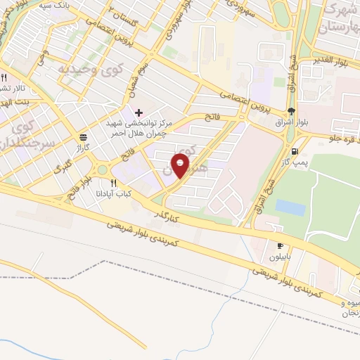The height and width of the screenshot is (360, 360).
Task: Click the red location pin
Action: [181, 165]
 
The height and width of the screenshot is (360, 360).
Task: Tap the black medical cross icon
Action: [139, 112]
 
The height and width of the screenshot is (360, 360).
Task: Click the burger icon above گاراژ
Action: [84, 137]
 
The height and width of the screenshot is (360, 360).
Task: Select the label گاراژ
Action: [84, 149]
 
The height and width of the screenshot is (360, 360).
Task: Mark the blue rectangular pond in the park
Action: [290, 207]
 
